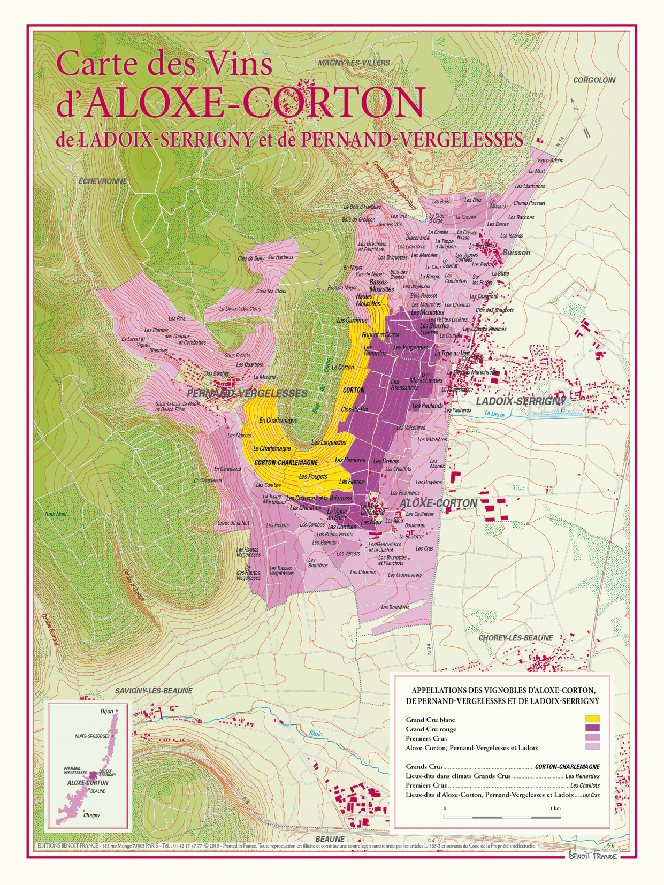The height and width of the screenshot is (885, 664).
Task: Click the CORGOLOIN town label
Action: (x=594, y=80)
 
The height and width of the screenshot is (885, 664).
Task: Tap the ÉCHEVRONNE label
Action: (x=103, y=181)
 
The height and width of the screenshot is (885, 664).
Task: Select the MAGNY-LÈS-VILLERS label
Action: (x=354, y=63)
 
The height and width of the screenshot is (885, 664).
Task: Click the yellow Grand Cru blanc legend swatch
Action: (x=592, y=719)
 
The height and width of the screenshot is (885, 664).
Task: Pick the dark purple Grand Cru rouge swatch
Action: (x=592, y=728)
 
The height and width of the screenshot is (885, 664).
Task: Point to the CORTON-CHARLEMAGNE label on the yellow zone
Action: (x=286, y=462)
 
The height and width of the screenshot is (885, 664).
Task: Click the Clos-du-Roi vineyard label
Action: (x=354, y=409)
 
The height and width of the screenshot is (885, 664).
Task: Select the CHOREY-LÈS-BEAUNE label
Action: (x=515, y=638)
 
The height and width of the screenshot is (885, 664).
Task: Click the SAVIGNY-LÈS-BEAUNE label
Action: (x=154, y=691)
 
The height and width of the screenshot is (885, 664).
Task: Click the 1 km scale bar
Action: (x=502, y=817)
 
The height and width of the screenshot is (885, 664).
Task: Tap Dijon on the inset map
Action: (x=107, y=712)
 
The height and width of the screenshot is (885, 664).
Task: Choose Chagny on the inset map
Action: (x=91, y=815)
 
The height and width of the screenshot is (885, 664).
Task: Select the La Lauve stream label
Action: (x=494, y=414)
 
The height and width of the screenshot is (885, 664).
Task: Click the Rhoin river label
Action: (x=316, y=734)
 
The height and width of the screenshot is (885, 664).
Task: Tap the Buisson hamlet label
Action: (x=516, y=253)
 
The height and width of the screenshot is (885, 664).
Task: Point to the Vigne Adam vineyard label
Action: (x=550, y=161)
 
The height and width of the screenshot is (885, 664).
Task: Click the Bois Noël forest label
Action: (x=56, y=514)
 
